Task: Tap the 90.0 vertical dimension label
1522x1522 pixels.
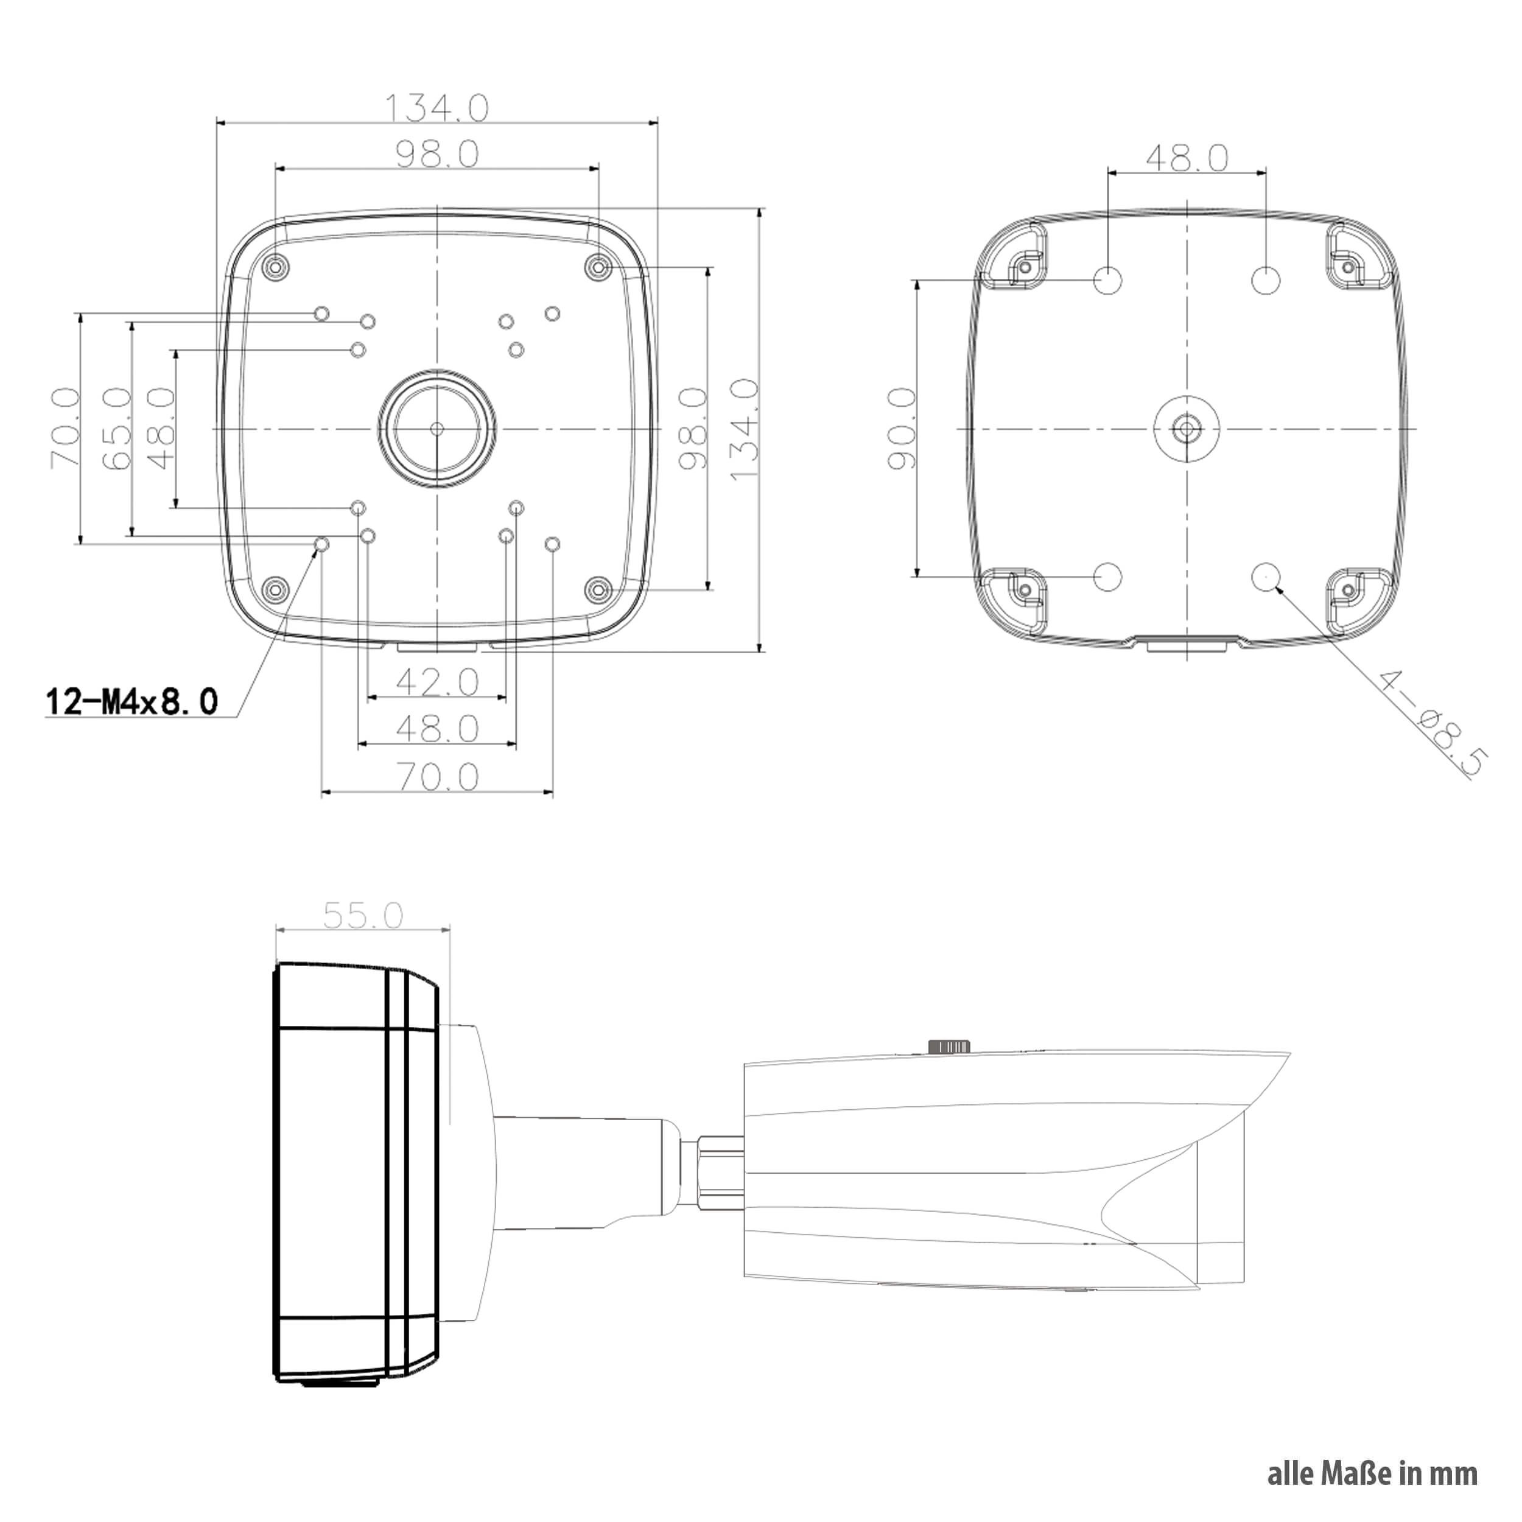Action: [x=903, y=429]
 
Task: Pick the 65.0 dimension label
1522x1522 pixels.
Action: [x=117, y=429]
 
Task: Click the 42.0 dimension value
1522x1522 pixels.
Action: [x=437, y=682]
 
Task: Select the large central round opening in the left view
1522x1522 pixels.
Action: [x=437, y=429]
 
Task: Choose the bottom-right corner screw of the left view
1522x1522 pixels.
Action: [x=598, y=589]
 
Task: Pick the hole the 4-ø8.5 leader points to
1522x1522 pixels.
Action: [x=1265, y=577]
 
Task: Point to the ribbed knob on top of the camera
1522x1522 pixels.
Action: [x=949, y=1046]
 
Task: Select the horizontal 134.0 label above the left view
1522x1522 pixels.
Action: [x=437, y=108]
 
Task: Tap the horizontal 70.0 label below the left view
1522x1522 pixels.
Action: [x=437, y=777]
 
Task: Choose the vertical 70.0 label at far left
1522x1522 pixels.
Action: [x=65, y=429]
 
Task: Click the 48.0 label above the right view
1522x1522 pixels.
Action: [x=1187, y=158]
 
